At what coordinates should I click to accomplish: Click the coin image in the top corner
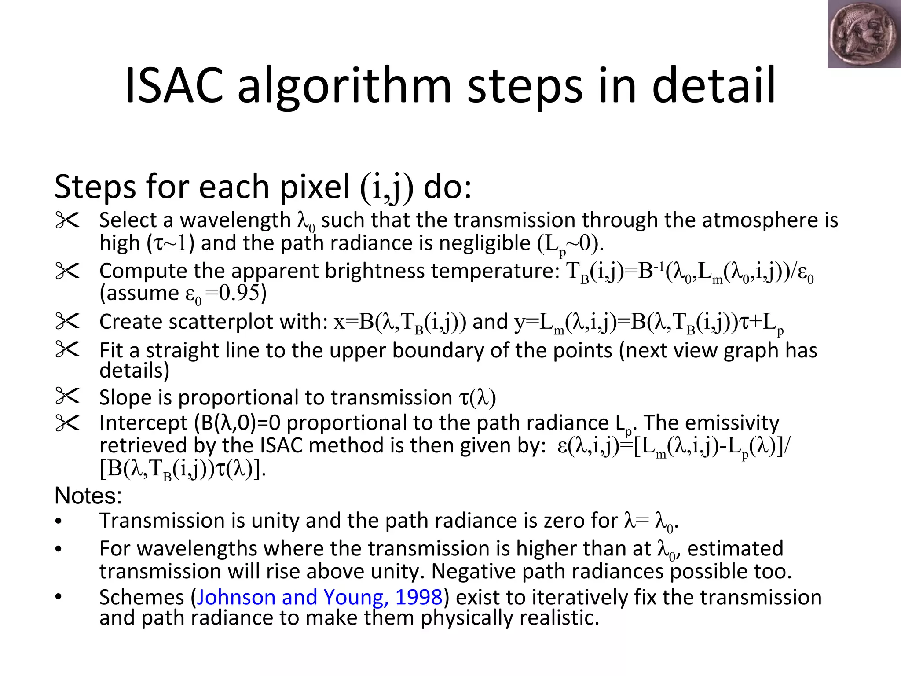pyautogui.click(x=864, y=34)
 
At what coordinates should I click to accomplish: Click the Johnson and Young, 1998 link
pyautogui.click(x=319, y=597)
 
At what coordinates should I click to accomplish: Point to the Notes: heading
pyautogui.click(x=88, y=496)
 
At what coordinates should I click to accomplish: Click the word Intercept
pyautogui.click(x=143, y=423)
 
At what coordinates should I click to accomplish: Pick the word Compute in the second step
pyautogui.click(x=143, y=271)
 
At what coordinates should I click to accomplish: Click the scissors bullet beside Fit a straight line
pyautogui.click(x=67, y=349)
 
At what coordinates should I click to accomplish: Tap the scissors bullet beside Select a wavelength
pyautogui.click(x=67, y=220)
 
